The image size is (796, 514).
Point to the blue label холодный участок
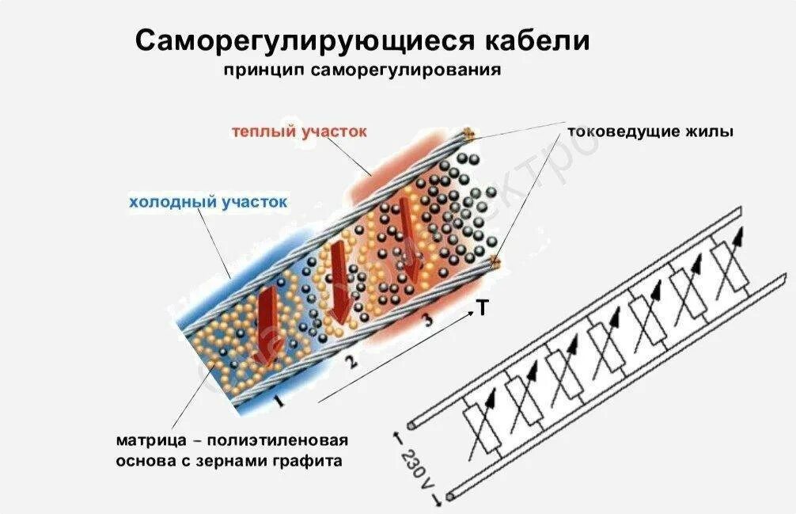tap(208, 202)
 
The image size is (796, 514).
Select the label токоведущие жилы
tap(650, 131)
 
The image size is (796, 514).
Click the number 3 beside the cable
tap(427, 321)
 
